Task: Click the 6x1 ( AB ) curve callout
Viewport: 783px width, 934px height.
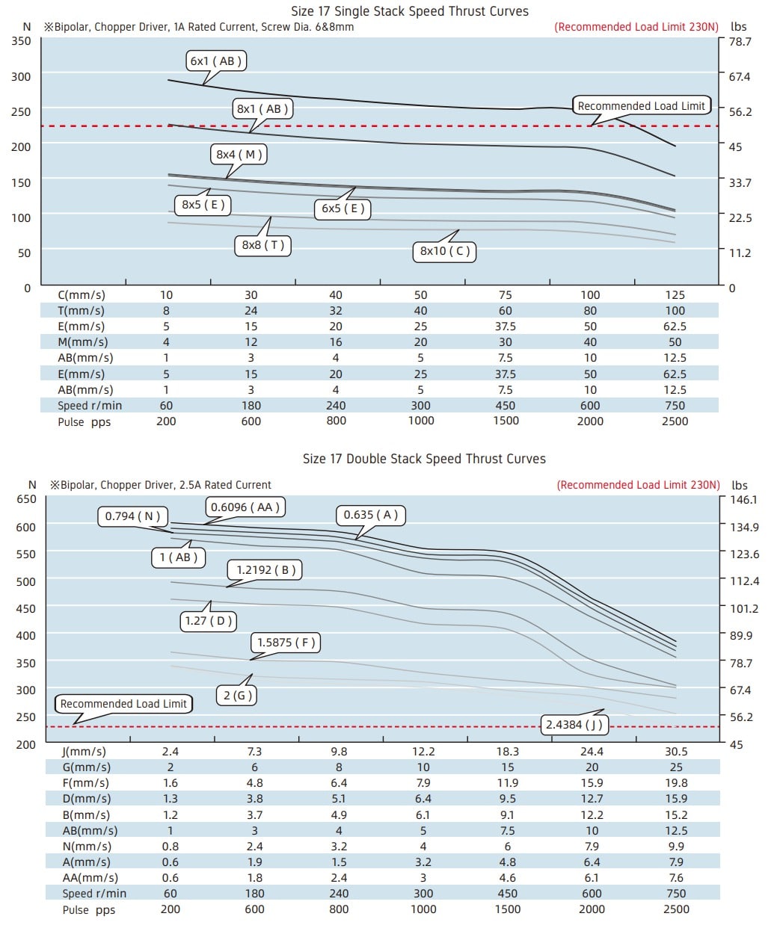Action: (x=216, y=61)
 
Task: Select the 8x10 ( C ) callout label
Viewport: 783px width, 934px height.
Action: (x=445, y=251)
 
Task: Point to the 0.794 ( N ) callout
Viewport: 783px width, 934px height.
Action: (x=132, y=516)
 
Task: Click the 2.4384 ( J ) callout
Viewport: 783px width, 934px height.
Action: (x=574, y=725)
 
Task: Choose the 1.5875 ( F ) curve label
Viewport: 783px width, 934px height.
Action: (x=286, y=643)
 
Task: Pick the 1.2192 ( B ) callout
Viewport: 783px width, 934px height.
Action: (x=265, y=570)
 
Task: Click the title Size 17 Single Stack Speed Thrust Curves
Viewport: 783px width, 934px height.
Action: (x=409, y=11)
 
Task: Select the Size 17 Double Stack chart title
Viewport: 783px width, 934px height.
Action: (x=424, y=459)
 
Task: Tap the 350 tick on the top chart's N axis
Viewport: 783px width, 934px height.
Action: (x=21, y=40)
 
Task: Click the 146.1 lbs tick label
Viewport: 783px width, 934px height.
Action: (x=743, y=500)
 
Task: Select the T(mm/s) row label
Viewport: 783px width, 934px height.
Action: (x=81, y=311)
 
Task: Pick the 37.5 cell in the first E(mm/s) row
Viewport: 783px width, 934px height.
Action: (x=506, y=327)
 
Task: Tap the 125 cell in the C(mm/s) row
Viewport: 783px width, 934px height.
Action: (x=675, y=295)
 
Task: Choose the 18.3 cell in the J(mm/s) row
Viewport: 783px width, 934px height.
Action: (x=507, y=752)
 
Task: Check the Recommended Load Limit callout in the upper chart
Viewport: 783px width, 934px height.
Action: (x=641, y=106)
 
